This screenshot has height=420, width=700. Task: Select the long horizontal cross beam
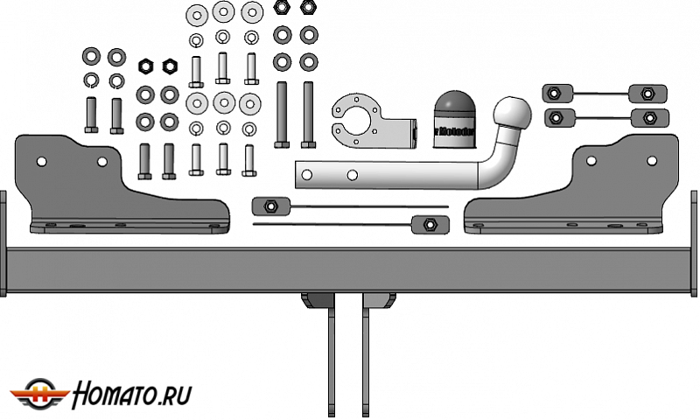coord(350,270)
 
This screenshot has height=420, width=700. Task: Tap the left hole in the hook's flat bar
coord(304,176)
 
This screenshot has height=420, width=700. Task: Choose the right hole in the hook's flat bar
coord(351,176)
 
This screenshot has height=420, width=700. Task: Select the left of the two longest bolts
coord(282,114)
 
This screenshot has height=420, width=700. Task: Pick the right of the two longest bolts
coord(308,114)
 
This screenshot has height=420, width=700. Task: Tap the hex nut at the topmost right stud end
coord(647,93)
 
